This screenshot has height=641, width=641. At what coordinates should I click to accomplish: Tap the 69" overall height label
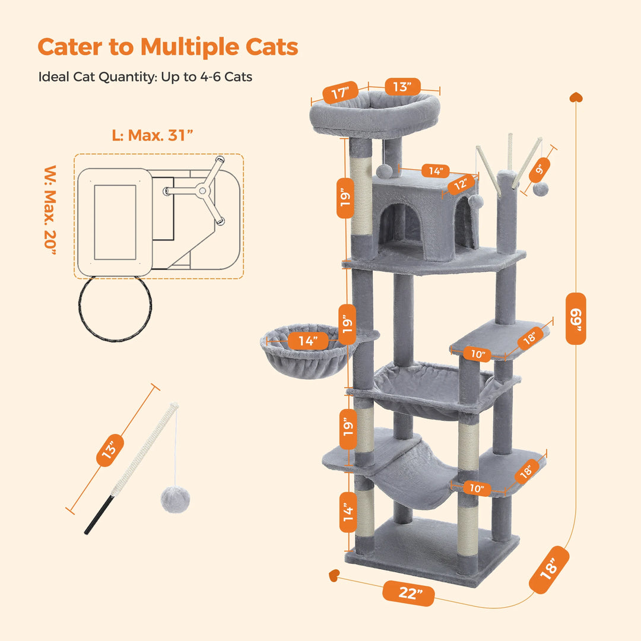(x=575, y=318)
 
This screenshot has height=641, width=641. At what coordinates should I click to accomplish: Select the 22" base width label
(x=408, y=594)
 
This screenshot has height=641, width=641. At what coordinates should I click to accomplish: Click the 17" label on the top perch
(x=341, y=94)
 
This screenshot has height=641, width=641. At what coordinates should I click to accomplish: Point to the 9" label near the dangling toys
(x=540, y=169)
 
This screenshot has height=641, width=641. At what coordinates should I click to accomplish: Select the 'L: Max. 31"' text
(x=153, y=135)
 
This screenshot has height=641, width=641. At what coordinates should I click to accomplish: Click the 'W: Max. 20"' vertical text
(x=51, y=211)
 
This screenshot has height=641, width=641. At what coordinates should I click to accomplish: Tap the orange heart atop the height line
(x=575, y=97)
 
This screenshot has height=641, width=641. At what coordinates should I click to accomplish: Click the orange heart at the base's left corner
(x=334, y=575)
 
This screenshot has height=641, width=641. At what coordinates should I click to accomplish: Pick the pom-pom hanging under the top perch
(x=384, y=170)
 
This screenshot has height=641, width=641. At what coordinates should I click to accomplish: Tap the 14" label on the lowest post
(x=348, y=510)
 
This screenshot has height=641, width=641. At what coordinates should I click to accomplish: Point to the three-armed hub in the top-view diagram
(x=203, y=191)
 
